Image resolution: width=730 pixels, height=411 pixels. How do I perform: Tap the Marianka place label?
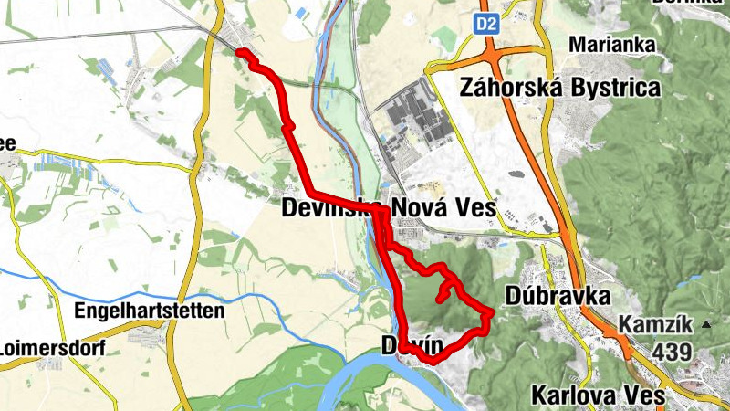coord(609,44)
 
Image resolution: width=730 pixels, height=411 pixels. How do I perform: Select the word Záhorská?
coord(514,89)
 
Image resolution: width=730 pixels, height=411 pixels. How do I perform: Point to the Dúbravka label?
coord(556,296)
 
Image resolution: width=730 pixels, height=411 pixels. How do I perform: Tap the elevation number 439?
coord(673,352)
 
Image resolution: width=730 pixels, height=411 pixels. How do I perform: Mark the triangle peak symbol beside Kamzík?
coord(705,324)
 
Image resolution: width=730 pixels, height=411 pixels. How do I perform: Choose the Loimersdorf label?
coord(52,348)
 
